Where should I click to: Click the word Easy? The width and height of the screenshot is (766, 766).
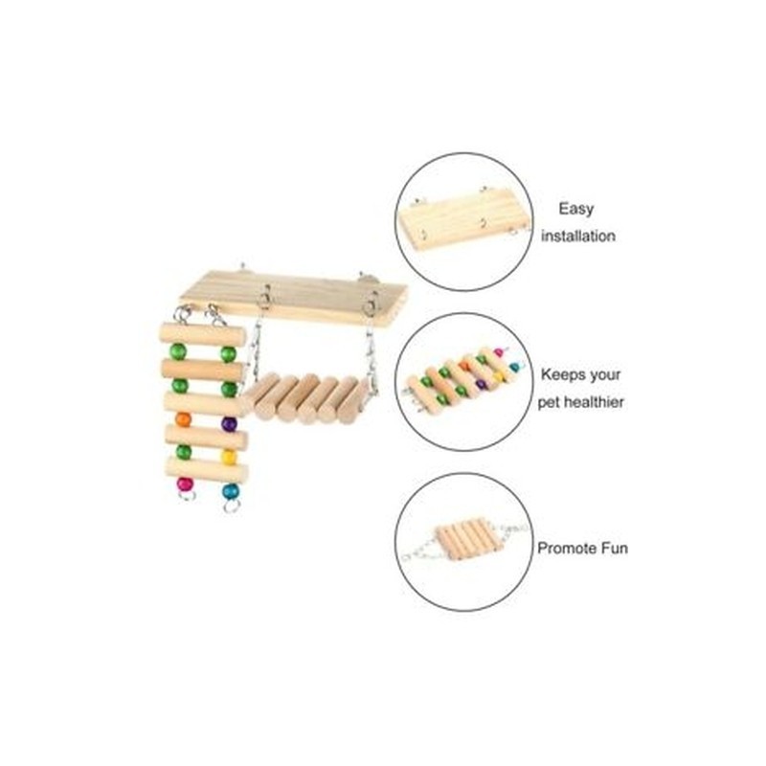[x=576, y=209]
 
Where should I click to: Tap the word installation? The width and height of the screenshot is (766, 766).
[x=578, y=236]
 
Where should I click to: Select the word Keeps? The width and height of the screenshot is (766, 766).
[x=562, y=375]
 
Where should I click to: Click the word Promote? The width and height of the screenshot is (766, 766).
[x=567, y=548]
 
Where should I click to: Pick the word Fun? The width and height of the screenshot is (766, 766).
[x=615, y=548]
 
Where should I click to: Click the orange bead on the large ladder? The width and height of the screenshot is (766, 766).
[x=183, y=419]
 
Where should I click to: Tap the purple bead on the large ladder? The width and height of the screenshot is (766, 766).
[x=229, y=423]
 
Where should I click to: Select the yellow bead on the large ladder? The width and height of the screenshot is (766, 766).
[x=229, y=457]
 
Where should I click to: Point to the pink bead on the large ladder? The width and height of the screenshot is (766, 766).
[x=185, y=484]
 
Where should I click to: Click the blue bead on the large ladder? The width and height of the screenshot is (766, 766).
[x=230, y=491]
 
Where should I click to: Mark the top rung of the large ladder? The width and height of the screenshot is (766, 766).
[x=202, y=335]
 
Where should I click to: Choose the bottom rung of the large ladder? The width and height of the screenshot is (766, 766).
[x=207, y=469]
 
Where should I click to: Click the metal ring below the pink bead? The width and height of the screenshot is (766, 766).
[x=186, y=496]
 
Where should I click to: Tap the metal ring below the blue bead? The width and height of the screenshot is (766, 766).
[x=232, y=506]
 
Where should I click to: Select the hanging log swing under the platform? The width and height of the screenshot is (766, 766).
[x=306, y=397]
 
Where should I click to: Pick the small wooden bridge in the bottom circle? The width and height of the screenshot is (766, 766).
[x=469, y=541]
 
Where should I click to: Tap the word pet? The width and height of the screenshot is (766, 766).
[x=549, y=403]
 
